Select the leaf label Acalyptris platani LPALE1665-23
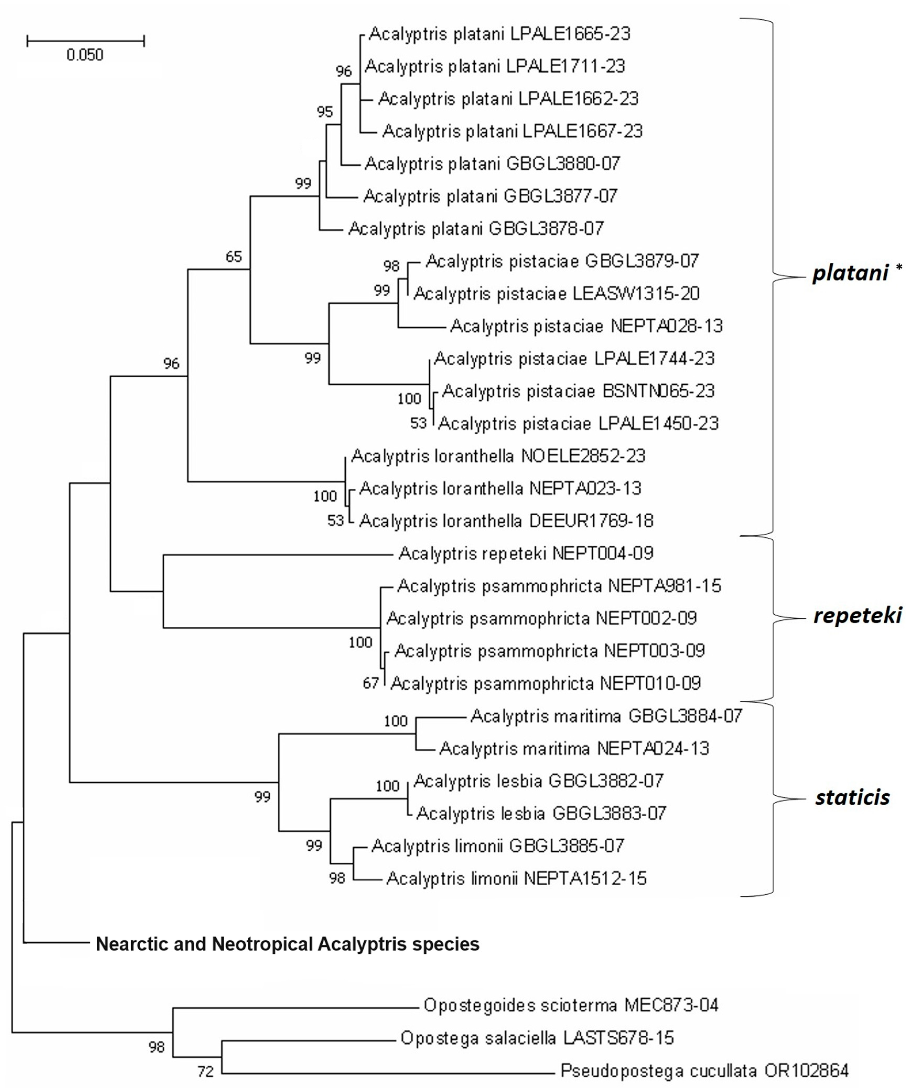499,34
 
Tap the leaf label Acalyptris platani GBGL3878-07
476,228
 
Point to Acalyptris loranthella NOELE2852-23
498,456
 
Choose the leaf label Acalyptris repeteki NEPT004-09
526,554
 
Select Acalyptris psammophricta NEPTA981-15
559,586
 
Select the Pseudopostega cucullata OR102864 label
704,1070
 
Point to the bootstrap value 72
206,1071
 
